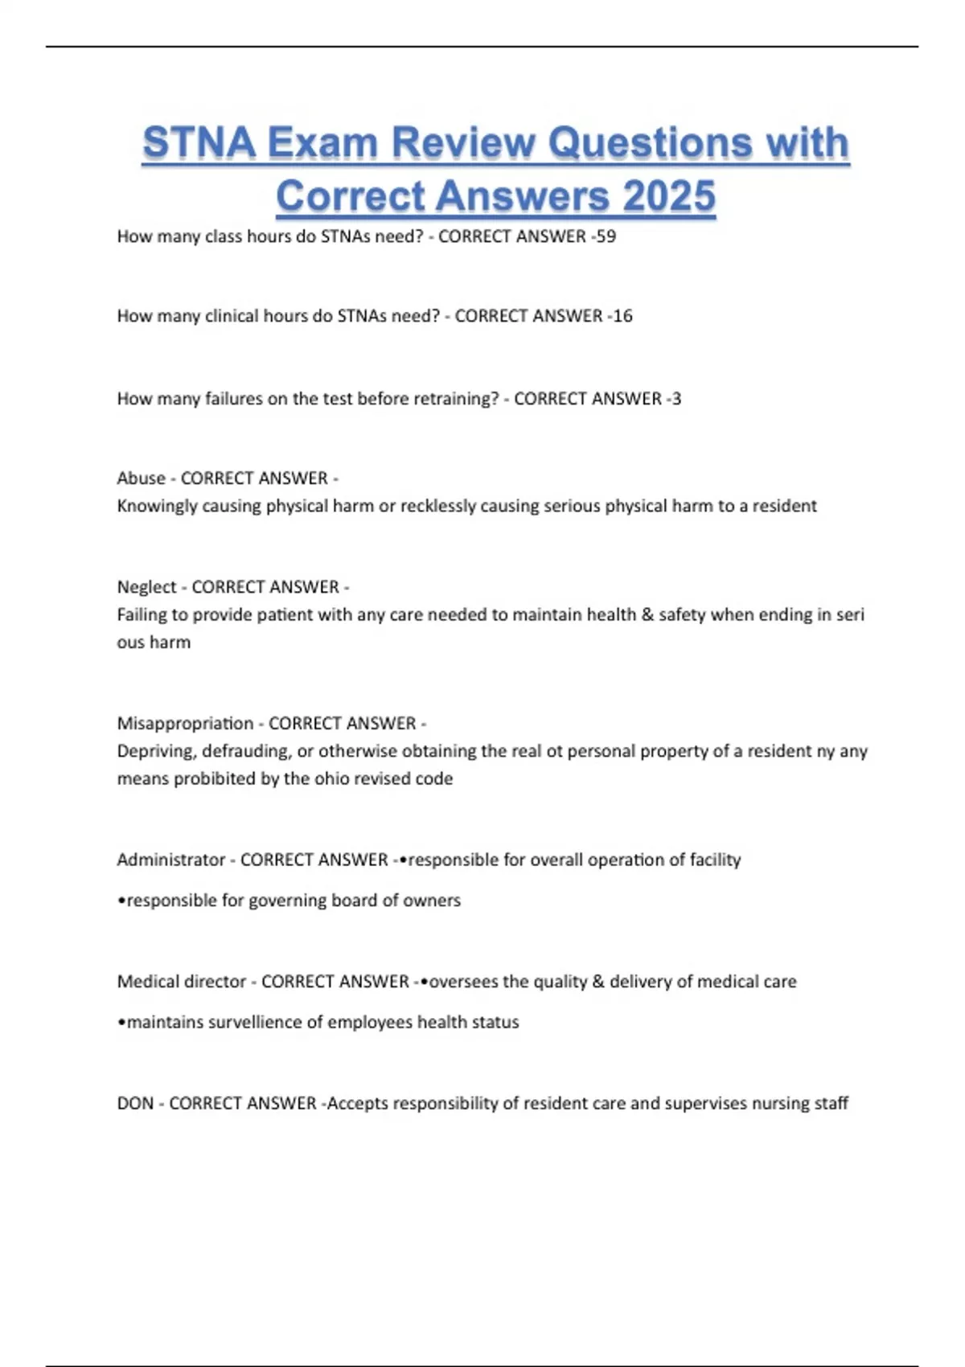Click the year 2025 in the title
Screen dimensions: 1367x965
point(669,197)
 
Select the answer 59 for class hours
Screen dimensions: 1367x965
point(606,236)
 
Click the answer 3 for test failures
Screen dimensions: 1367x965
point(676,399)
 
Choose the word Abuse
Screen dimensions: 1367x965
point(141,478)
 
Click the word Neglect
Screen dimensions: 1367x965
point(146,587)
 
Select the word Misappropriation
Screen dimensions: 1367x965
point(185,724)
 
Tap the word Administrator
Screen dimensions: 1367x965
point(170,860)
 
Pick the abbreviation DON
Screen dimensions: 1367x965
point(135,1103)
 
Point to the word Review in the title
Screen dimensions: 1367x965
point(462,143)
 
